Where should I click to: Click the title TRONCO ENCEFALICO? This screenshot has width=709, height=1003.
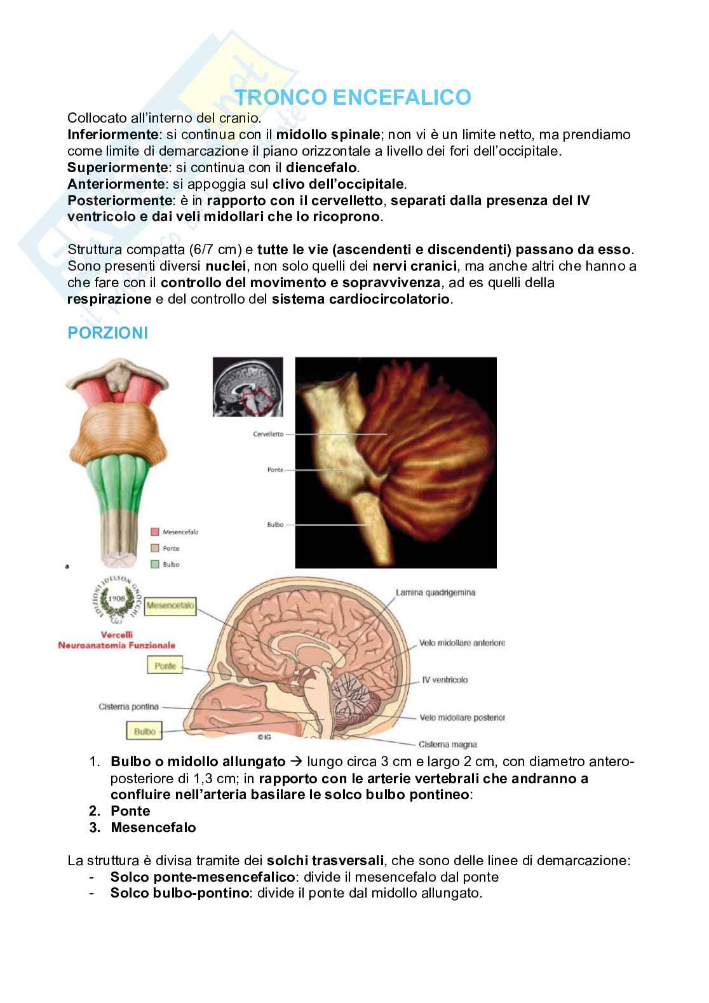(354, 97)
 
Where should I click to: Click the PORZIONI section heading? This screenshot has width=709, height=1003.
(107, 333)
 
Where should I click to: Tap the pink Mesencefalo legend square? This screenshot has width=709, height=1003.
(155, 532)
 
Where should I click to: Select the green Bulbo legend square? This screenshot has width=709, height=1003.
(155, 564)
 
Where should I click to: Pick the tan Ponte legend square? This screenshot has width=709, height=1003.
(155, 548)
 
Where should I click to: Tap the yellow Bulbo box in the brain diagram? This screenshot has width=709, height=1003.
(145, 731)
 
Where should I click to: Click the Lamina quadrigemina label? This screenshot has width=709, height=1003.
(444, 593)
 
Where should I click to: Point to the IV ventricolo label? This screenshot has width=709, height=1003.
(445, 680)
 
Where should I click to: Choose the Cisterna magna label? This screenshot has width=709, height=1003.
(447, 744)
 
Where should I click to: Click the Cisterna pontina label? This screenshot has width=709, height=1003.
(129, 706)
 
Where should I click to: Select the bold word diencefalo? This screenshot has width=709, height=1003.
(322, 168)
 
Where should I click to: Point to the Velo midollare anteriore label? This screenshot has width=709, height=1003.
(462, 643)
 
